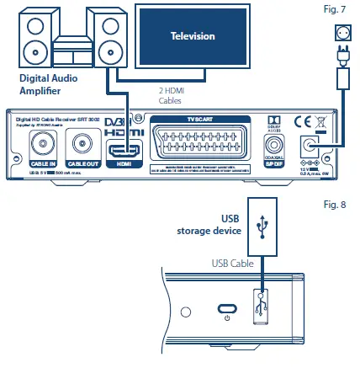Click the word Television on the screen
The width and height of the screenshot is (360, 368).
[193, 36]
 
